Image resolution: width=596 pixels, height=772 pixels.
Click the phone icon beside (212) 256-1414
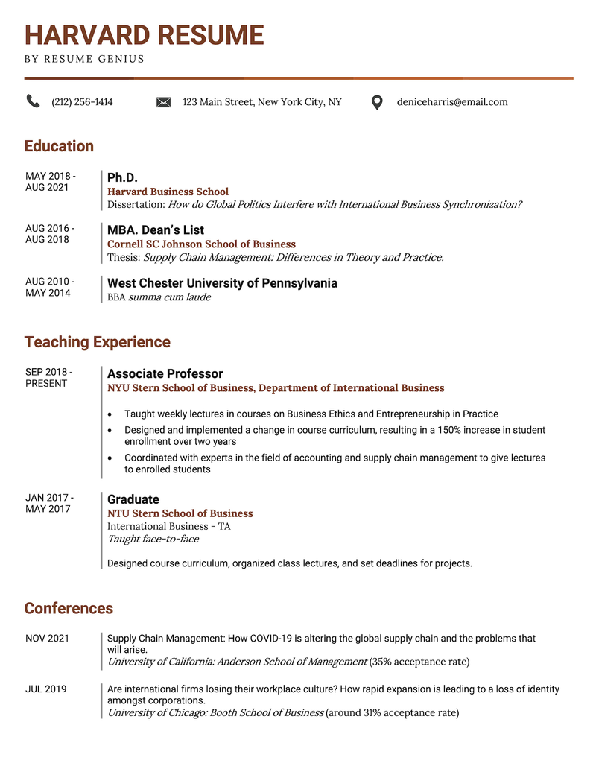coord(33,101)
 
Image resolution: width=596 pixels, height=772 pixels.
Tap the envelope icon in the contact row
coord(163,102)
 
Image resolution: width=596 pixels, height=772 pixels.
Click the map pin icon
coord(377,103)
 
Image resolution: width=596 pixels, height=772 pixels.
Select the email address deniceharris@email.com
coord(452,102)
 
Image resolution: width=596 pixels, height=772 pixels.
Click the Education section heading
coord(59,146)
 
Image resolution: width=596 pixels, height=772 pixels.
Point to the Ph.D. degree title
coord(122,177)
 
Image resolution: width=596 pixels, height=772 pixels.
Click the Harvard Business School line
coord(168,192)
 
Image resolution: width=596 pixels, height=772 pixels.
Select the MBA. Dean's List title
coord(155,230)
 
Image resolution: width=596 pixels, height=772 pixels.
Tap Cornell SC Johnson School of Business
coord(201,244)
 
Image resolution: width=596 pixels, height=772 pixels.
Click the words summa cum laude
coord(169,297)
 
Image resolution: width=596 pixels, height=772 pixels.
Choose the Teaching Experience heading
coord(97,342)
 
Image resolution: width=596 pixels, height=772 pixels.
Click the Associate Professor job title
coord(165,373)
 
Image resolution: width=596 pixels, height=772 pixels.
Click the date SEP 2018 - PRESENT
coord(48,377)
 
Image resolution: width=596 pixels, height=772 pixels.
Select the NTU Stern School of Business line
coord(180,513)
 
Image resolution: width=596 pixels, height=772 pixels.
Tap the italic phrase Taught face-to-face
coord(153,539)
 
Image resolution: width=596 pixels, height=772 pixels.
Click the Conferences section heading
coord(69,609)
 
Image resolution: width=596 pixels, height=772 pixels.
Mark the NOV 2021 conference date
coord(47,639)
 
